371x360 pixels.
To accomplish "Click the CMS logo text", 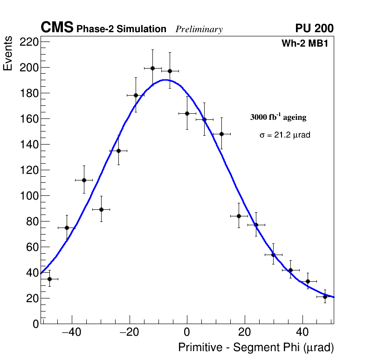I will (x=57, y=28).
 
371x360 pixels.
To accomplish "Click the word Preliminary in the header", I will (x=199, y=29).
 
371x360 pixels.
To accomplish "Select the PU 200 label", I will (x=314, y=28).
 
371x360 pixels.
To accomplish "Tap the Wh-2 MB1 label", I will (x=308, y=44).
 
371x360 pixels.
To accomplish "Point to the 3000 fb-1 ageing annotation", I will (x=278, y=117).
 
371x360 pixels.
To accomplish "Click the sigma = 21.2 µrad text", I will (x=285, y=135).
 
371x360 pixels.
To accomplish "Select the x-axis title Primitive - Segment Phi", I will (x=256, y=347).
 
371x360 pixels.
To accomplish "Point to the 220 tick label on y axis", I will (x=29, y=42).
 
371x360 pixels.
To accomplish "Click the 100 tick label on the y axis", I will (x=29, y=196).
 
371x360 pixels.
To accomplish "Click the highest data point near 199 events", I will (x=152, y=68).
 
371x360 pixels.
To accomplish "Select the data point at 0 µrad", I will (x=187, y=113).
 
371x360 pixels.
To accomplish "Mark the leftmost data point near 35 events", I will (x=49, y=279).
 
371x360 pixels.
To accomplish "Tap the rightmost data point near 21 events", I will (x=325, y=297).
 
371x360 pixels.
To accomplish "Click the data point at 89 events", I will (x=101, y=209).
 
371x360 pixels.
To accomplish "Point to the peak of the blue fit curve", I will (x=164, y=80).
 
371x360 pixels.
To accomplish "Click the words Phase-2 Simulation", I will (x=121, y=29).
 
